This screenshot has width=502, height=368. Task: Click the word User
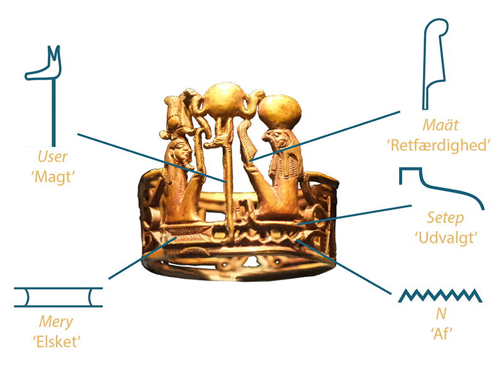click(x=53, y=156)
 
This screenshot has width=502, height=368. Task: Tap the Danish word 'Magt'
click(x=53, y=176)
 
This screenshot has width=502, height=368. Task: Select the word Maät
click(x=441, y=125)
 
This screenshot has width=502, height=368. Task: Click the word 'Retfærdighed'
click(x=439, y=145)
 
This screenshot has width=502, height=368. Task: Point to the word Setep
click(x=446, y=218)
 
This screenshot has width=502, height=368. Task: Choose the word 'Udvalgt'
click(x=446, y=238)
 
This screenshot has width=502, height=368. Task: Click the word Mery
click(x=56, y=322)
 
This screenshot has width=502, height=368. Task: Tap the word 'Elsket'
click(x=56, y=342)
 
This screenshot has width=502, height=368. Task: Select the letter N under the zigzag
click(x=441, y=313)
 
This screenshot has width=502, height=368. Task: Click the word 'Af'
click(x=441, y=333)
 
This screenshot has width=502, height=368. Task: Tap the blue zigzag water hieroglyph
click(x=440, y=295)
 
